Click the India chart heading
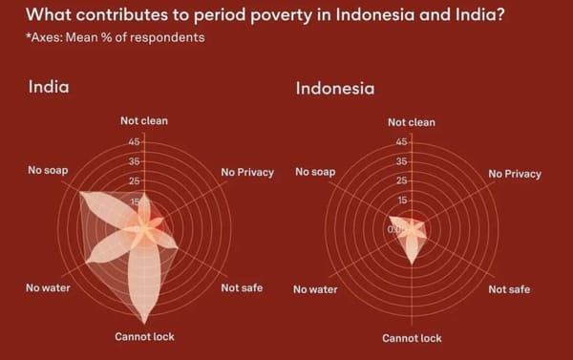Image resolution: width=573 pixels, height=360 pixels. click(49, 86)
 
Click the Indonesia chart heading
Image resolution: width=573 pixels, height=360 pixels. click(334, 89)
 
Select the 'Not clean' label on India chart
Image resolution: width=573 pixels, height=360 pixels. click(143, 121)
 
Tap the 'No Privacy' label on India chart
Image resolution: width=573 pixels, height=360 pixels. click(247, 172)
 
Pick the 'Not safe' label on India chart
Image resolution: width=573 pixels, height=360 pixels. click(242, 287)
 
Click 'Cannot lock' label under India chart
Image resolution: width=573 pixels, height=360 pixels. click(144, 336)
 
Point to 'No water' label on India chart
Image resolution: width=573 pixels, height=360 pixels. click(47, 287)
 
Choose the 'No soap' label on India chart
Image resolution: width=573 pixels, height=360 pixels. click(48, 170)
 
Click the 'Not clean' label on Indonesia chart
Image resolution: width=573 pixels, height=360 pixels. click(411, 122)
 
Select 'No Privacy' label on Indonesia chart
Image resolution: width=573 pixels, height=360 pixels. click(515, 174)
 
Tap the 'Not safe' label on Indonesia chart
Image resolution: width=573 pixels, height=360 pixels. click(509, 289)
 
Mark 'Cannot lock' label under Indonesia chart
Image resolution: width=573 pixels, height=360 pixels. click(412, 338)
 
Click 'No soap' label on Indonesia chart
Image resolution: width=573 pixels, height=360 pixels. click(315, 172)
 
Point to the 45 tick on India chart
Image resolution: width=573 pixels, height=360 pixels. click(135, 141)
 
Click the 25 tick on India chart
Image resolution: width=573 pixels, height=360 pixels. click(135, 180)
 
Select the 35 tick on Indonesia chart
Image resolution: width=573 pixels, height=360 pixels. click(402, 161)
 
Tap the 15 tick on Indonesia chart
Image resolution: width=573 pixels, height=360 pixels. click(402, 201)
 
